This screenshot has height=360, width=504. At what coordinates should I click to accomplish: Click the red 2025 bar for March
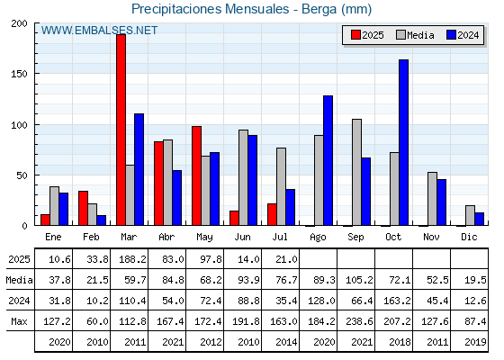click(x=121, y=130)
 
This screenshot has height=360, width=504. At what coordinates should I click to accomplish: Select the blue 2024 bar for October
click(x=404, y=142)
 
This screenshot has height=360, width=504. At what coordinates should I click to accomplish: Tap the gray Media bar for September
click(x=356, y=172)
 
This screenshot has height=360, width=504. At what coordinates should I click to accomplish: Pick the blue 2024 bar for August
click(x=328, y=160)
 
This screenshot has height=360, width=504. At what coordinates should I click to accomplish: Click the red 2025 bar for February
click(x=83, y=208)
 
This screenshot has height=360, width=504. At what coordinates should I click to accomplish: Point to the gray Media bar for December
click(x=470, y=215)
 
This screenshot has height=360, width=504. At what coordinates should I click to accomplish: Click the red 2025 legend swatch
click(x=355, y=35)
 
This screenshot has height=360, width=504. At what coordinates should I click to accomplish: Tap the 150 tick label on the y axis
click(x=19, y=74)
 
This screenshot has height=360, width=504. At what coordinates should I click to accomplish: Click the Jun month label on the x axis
click(x=242, y=237)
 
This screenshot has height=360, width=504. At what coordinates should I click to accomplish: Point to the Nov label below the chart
click(x=431, y=237)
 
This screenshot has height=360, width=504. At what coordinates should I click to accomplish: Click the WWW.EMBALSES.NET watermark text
click(x=99, y=31)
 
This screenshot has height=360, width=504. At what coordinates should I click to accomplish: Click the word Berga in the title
click(x=319, y=9)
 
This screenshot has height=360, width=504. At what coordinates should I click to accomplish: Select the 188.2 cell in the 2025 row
click(x=133, y=259)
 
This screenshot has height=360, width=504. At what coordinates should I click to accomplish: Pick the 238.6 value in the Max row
click(x=359, y=321)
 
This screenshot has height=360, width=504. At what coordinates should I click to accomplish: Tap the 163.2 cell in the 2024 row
click(x=397, y=301)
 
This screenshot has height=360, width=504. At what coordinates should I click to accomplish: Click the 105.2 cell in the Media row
click(x=359, y=280)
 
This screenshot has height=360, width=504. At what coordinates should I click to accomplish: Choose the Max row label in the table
click(x=19, y=321)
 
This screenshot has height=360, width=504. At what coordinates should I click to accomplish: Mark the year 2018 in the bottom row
click(x=400, y=342)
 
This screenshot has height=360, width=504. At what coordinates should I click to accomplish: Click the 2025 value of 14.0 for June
click(x=248, y=259)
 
